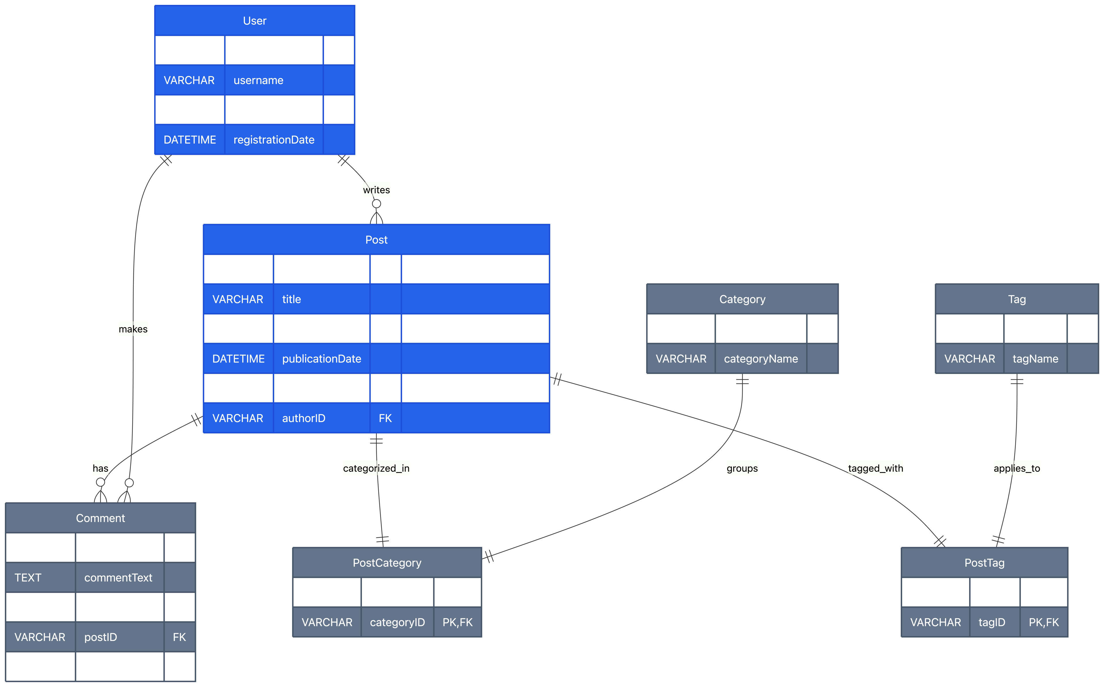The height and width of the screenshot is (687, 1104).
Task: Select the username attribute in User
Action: click(258, 81)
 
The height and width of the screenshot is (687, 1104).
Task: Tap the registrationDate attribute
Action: click(274, 140)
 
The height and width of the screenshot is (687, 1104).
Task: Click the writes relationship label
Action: click(376, 190)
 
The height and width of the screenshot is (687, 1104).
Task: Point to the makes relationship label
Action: click(133, 329)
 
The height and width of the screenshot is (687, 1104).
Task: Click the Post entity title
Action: click(376, 240)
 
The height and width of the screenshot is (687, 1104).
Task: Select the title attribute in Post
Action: click(292, 299)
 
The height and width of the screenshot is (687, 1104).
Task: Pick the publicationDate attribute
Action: click(321, 359)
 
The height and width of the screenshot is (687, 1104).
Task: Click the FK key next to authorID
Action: click(385, 419)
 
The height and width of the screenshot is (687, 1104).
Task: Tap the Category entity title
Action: click(742, 299)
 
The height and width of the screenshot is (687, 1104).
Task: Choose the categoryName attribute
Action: click(761, 359)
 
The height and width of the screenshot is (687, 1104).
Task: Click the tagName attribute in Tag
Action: click(1035, 359)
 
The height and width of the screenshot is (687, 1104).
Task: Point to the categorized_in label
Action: click(376, 468)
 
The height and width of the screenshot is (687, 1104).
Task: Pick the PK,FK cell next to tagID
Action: click(1044, 623)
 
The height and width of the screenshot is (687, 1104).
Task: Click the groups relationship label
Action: click(742, 468)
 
